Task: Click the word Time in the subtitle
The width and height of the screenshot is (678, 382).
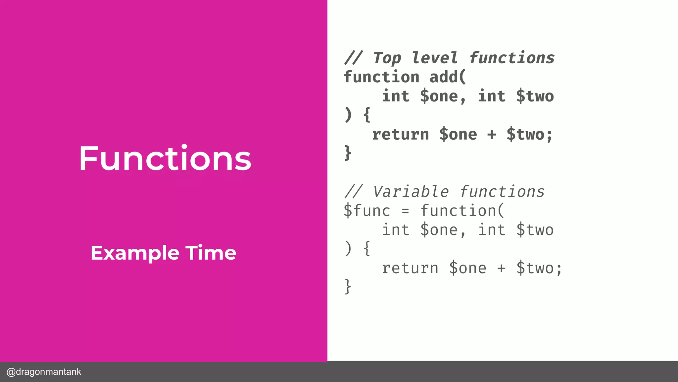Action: click(211, 253)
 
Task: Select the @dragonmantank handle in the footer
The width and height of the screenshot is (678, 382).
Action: click(44, 372)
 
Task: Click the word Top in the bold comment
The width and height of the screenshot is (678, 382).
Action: click(387, 58)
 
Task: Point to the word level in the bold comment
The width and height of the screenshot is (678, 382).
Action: click(435, 58)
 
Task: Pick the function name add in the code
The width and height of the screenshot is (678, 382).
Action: click(444, 77)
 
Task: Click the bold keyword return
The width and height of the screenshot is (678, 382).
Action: click(401, 134)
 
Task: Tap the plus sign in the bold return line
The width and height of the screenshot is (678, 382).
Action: click(492, 134)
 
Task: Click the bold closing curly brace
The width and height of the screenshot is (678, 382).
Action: click(348, 153)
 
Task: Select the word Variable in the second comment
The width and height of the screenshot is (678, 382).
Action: click(411, 192)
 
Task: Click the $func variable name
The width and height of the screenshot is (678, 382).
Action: click(367, 211)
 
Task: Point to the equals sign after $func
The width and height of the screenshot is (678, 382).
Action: click(406, 211)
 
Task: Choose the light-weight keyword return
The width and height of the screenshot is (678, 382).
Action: click(410, 268)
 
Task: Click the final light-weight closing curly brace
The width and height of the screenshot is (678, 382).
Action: click(348, 286)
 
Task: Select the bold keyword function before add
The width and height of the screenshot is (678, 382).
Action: click(382, 77)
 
